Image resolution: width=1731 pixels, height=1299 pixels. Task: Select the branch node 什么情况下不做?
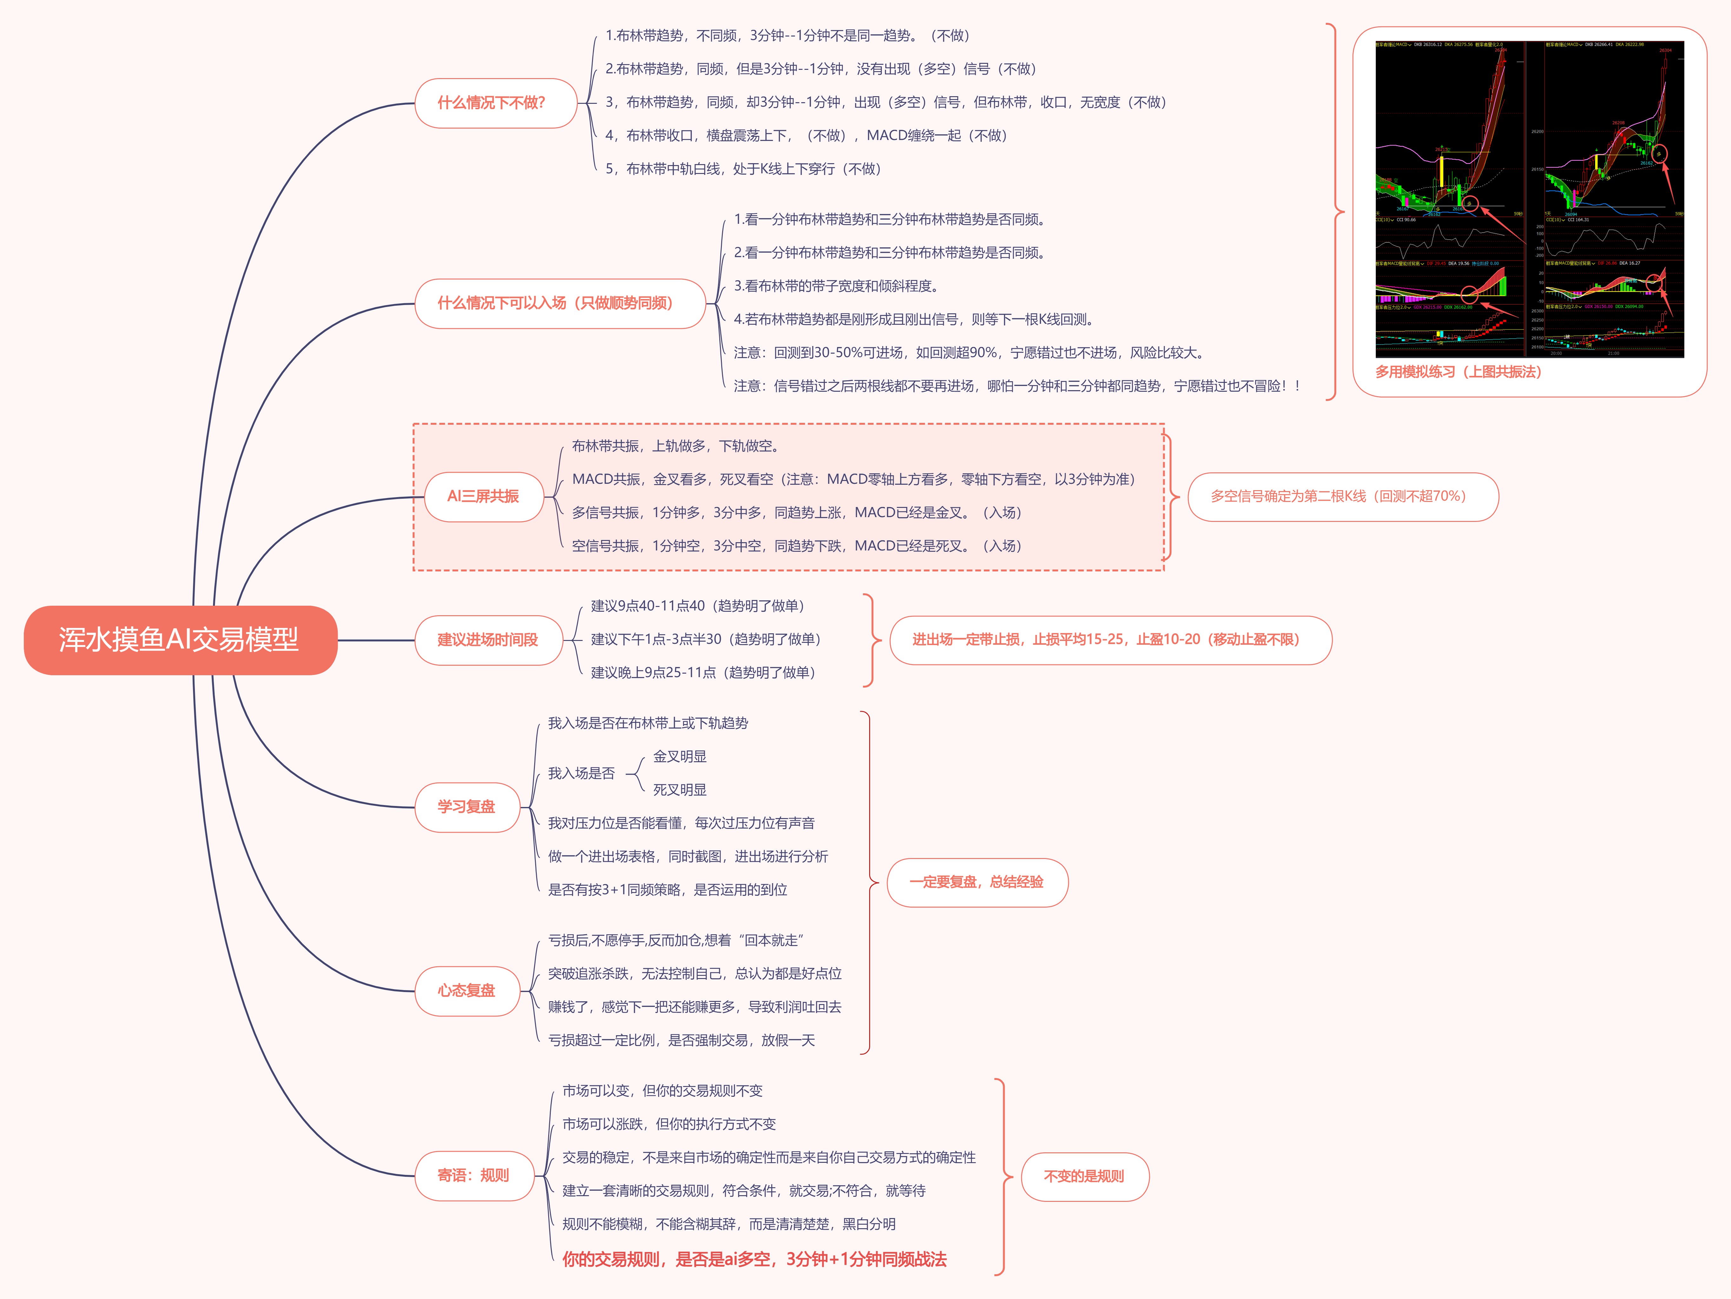(491, 103)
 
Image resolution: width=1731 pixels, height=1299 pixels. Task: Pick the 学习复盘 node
(466, 807)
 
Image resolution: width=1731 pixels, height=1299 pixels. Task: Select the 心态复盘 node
(466, 991)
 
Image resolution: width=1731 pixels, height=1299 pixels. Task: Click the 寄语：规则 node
(473, 1176)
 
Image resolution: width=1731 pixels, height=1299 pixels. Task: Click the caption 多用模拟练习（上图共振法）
(1459, 372)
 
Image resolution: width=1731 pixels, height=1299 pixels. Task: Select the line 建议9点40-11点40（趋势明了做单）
(698, 606)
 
